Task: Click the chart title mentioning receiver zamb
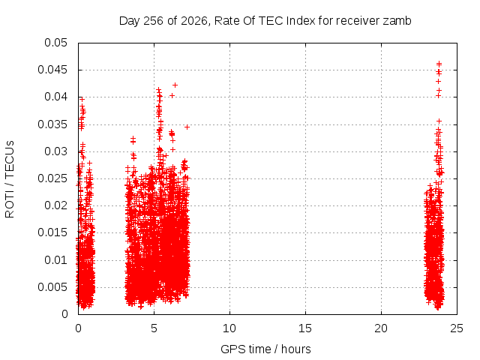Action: [x=265, y=21]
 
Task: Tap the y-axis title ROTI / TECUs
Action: [x=10, y=179]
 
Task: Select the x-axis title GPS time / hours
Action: [x=265, y=349]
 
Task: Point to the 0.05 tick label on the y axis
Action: [x=55, y=43]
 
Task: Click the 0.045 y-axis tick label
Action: [x=52, y=70]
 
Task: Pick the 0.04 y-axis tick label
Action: [x=55, y=97]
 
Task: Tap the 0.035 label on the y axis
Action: [x=52, y=124]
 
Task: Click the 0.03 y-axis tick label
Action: [x=55, y=151]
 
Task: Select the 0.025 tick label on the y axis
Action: [x=52, y=178]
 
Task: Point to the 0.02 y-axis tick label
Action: [x=55, y=205]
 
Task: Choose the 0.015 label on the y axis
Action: [x=52, y=232]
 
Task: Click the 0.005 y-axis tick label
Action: [x=52, y=287]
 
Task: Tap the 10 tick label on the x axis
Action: [x=229, y=328]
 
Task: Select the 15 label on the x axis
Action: [x=305, y=328]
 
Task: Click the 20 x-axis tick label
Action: [x=381, y=328]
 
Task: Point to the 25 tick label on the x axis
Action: [x=457, y=328]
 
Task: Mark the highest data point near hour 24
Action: [x=439, y=64]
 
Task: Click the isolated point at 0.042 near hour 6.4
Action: [x=175, y=85]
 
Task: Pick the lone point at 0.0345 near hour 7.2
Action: [x=187, y=127]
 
